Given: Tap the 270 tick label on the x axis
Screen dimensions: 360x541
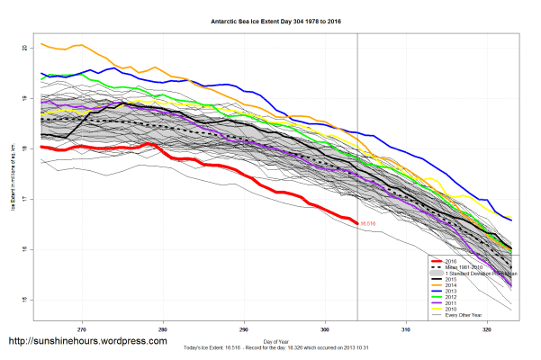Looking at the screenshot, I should (x=83, y=329).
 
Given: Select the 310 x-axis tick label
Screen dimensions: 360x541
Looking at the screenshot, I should (x=405, y=329).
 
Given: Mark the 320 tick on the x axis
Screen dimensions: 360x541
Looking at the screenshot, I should (x=486, y=329).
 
